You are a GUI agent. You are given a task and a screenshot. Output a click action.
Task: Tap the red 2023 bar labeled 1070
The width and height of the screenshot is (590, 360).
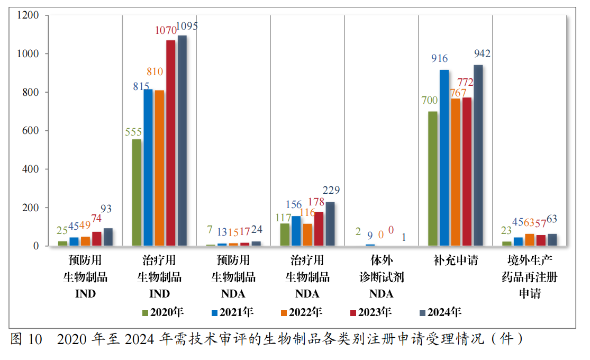click(x=170, y=143)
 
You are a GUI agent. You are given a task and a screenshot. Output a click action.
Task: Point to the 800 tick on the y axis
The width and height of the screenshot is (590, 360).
click(x=30, y=92)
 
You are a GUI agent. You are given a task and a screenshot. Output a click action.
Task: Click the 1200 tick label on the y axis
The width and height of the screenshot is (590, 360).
click(x=28, y=15)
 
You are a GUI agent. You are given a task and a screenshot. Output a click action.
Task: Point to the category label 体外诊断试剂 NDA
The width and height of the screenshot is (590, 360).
click(x=382, y=277)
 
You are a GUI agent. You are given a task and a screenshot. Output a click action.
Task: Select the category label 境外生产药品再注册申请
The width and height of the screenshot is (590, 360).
click(x=529, y=277)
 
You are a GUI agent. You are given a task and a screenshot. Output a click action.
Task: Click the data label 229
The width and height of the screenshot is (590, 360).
click(x=331, y=191)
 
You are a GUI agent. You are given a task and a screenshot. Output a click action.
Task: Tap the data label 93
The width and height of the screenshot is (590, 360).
click(x=106, y=209)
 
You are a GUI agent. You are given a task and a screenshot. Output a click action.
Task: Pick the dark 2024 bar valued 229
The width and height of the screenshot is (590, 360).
click(x=330, y=224)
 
